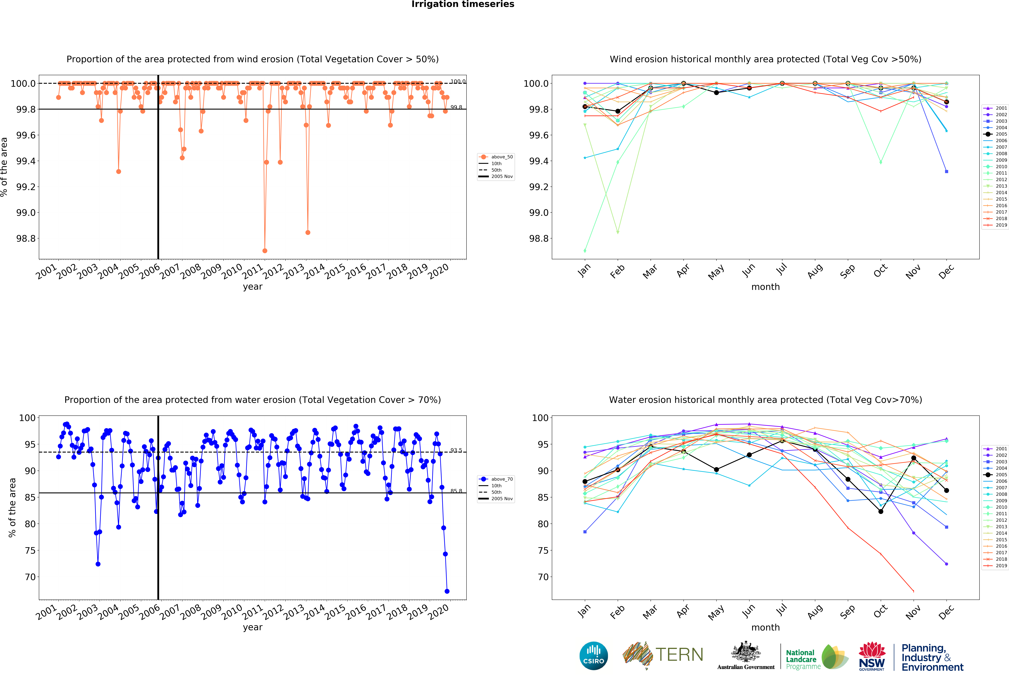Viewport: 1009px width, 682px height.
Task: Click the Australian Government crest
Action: (x=745, y=652)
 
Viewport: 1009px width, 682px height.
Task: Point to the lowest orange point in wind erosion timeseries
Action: (x=265, y=251)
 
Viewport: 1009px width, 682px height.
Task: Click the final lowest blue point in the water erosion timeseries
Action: (x=447, y=591)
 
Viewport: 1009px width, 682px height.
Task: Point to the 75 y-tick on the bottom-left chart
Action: (x=30, y=550)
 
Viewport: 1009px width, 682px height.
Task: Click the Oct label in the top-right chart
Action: (x=880, y=271)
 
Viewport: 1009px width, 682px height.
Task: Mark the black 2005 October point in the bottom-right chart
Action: (x=880, y=511)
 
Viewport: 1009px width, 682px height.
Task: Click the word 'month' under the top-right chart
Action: (x=765, y=287)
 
